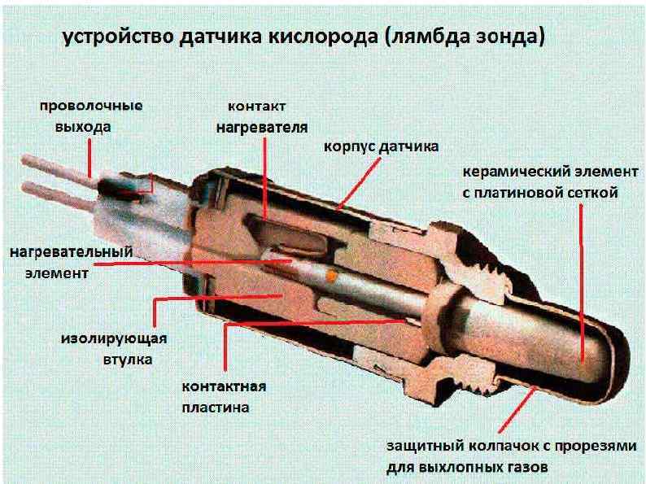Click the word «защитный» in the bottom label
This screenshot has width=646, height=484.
420,447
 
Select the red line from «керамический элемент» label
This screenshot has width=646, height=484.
581,277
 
